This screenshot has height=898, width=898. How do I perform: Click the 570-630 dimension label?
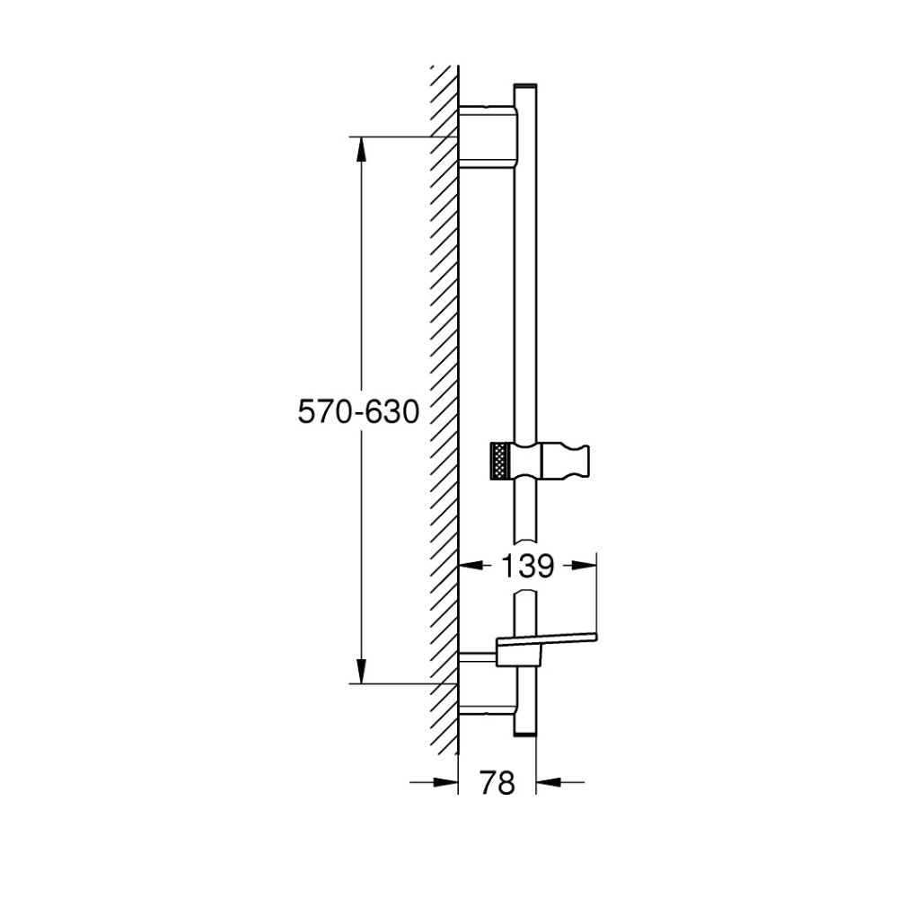(358, 412)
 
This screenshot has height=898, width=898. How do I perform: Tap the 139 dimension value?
(527, 566)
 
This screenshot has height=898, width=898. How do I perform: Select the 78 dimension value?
(497, 782)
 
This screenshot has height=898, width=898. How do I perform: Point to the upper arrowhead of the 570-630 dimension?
(361, 150)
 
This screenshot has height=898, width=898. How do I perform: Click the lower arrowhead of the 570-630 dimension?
(361, 671)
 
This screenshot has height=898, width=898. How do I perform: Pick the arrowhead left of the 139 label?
(471, 566)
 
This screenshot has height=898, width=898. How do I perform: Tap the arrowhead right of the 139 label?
(585, 566)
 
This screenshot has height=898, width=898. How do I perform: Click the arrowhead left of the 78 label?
(446, 782)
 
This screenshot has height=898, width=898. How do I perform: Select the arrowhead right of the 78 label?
(548, 782)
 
